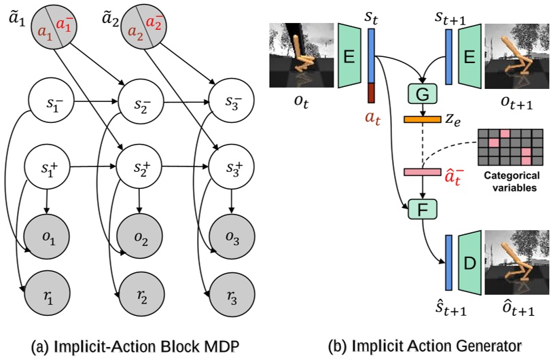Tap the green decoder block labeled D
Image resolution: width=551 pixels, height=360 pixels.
[x=471, y=266]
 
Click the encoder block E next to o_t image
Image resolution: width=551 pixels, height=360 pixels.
[x=351, y=56]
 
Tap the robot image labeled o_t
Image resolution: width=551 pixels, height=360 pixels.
[x=299, y=56]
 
